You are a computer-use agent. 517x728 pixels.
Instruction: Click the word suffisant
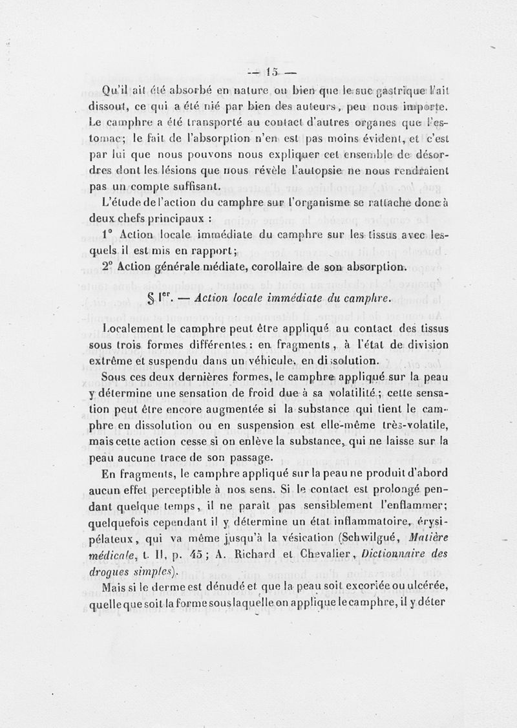192,187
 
